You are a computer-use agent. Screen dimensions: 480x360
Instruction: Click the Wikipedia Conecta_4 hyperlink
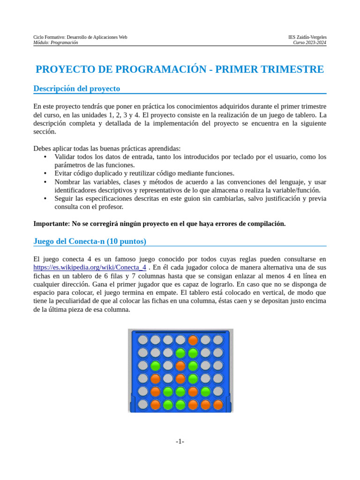[90, 267]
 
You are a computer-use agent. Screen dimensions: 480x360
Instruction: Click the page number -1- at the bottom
[180, 442]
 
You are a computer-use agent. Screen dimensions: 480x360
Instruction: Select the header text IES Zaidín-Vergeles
[307, 37]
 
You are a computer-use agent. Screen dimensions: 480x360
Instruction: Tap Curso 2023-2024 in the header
[310, 43]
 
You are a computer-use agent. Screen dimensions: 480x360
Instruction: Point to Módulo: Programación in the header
[56, 43]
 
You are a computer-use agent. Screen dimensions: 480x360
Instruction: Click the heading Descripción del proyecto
[77, 89]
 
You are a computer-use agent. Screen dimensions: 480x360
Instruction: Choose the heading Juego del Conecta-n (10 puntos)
[90, 241]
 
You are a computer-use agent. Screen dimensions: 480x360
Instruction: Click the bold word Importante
[51, 224]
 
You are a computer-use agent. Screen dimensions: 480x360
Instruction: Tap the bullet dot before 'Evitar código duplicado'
[45, 173]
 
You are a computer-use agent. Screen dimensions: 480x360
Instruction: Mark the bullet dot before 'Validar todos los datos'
[45, 157]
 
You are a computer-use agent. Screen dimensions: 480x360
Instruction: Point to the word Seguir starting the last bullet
[65, 199]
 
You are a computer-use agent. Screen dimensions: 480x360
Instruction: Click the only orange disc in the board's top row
[193, 340]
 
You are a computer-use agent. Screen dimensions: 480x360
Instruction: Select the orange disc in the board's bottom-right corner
[218, 404]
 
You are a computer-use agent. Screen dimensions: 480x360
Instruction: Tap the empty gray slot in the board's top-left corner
[143, 340]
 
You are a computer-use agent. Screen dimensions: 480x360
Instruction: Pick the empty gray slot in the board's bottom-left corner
[143, 404]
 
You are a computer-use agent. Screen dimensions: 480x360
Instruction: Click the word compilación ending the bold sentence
[266, 224]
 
